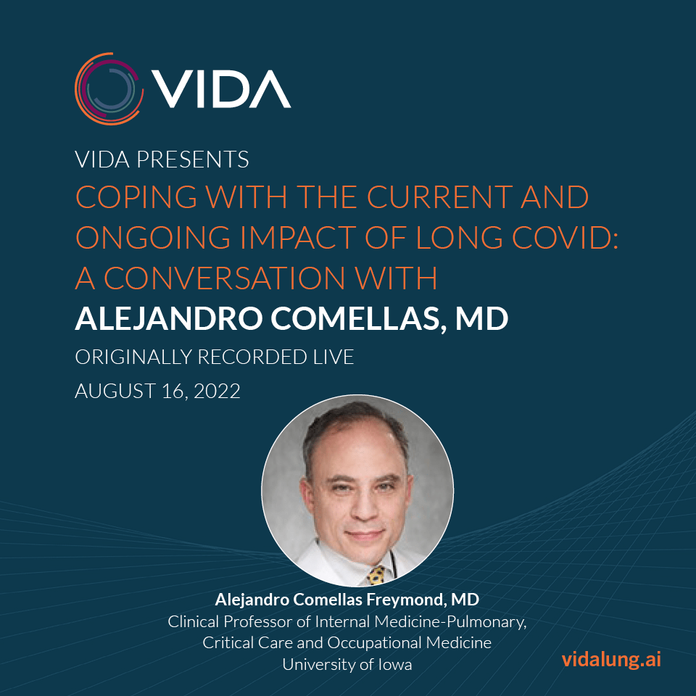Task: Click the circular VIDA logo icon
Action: [109, 88]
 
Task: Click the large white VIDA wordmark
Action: [221, 88]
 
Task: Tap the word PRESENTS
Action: [193, 159]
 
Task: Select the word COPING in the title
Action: [136, 197]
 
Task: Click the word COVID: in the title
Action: [565, 238]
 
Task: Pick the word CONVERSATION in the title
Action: [225, 278]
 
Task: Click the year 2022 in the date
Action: [217, 391]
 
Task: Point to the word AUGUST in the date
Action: [115, 391]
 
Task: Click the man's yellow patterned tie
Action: [376, 574]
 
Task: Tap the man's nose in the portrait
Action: [365, 509]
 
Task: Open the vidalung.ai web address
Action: [611, 660]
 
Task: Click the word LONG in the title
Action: [459, 238]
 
